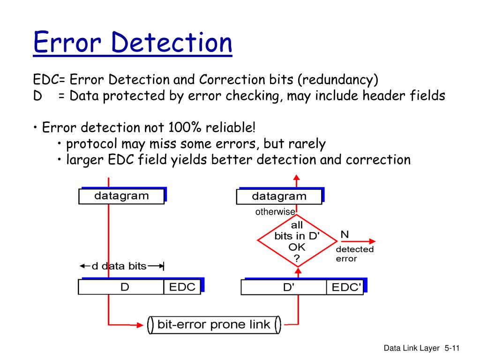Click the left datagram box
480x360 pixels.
tap(121, 196)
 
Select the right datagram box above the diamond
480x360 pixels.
tap(279, 196)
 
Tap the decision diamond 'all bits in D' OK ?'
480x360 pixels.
tap(297, 241)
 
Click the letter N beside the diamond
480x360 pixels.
tap(344, 234)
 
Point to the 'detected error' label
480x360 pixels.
tap(354, 254)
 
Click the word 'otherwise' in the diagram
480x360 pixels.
tap(275, 212)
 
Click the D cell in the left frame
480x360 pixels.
tap(125, 287)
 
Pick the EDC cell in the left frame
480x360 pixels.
tap(182, 287)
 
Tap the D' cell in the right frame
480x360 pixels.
tap(288, 287)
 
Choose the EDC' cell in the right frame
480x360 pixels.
tap(346, 287)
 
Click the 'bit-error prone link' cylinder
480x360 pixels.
tap(214, 324)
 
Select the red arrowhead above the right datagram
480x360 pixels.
tap(296, 177)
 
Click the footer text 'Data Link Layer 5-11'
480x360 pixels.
tap(421, 348)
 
